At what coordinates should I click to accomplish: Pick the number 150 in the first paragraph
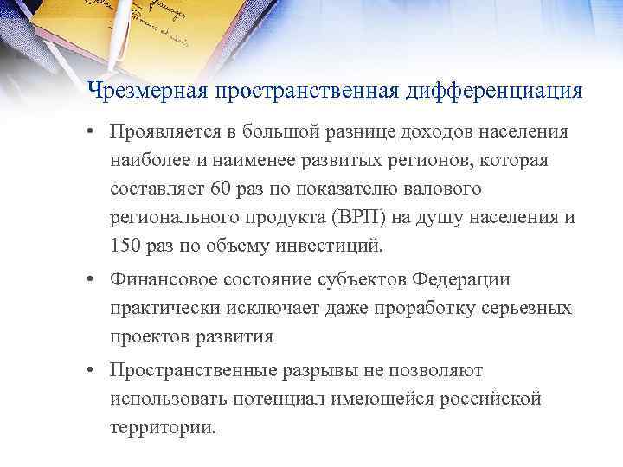(x=126, y=245)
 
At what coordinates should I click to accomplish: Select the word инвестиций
(x=332, y=245)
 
